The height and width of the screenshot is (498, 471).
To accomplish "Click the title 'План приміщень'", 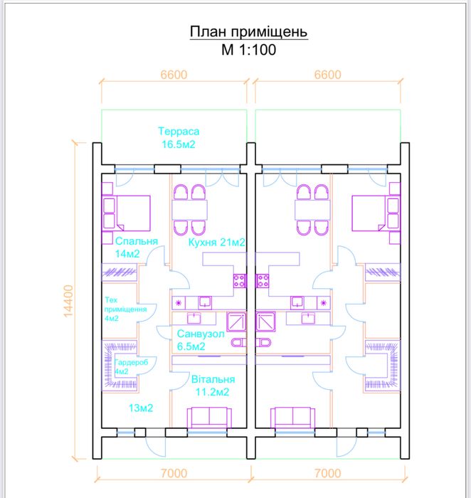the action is [x=249, y=32].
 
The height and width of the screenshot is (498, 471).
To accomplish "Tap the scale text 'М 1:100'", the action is [x=249, y=50].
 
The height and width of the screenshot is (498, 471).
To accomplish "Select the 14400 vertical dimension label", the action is [x=68, y=301].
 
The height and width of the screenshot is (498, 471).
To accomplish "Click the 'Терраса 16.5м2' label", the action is [x=179, y=138].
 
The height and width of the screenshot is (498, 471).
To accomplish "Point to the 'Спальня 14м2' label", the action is [x=137, y=247].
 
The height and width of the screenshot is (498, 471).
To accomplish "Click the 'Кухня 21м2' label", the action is [x=216, y=243].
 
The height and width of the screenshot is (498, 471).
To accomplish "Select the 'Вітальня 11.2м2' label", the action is [x=213, y=386].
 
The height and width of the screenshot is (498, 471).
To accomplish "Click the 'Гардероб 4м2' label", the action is [x=131, y=367].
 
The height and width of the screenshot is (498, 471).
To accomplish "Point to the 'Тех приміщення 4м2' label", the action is [x=125, y=309].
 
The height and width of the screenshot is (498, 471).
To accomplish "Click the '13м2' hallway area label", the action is [x=141, y=408].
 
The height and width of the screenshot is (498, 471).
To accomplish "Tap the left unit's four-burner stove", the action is [x=240, y=281].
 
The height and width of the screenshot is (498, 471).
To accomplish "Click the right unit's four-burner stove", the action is [x=263, y=281].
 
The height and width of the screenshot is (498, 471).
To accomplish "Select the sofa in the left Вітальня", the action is [x=209, y=418].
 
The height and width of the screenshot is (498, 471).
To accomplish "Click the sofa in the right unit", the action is [x=292, y=418].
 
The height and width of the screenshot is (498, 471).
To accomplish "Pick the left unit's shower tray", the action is [x=236, y=322].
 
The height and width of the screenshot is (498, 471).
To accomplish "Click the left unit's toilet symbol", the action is [x=239, y=342].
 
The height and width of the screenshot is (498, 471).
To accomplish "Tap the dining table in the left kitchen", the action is [x=189, y=210].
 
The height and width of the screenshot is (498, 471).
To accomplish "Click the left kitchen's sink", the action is [x=205, y=302].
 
